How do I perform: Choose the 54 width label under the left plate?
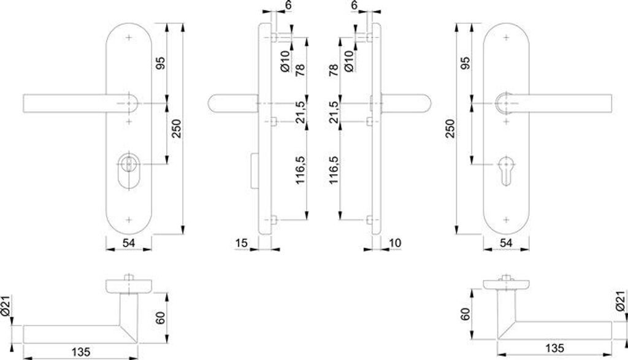tap(128, 243)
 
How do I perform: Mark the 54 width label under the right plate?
tap(506, 243)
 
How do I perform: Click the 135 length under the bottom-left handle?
tap(81, 352)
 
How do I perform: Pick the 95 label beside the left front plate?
tap(161, 64)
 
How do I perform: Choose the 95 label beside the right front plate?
tap(464, 64)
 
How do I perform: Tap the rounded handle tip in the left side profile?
tap(214, 105)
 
